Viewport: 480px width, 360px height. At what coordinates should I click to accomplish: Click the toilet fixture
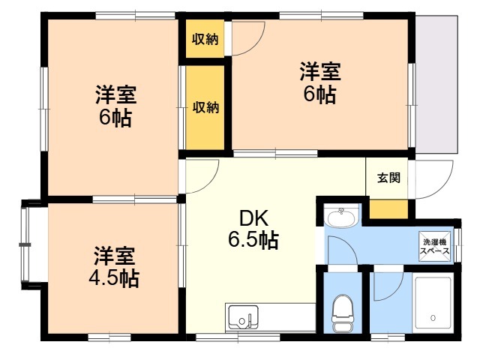343,313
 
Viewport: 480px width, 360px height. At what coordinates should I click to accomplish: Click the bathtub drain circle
433,318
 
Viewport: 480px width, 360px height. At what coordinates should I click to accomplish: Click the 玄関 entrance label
388,178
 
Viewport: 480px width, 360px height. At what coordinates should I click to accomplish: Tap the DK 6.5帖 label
253,229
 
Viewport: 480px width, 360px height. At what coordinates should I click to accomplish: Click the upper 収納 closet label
205,39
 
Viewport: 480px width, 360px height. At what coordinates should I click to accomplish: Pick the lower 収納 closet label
205,107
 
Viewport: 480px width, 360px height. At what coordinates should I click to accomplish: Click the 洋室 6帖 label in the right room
320,82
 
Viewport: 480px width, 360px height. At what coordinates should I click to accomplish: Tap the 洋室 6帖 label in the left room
115,106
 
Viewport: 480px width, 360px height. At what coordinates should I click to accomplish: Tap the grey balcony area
436,84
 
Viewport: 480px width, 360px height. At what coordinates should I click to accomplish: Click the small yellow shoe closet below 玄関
388,209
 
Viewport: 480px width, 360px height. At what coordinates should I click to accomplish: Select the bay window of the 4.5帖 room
25,244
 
